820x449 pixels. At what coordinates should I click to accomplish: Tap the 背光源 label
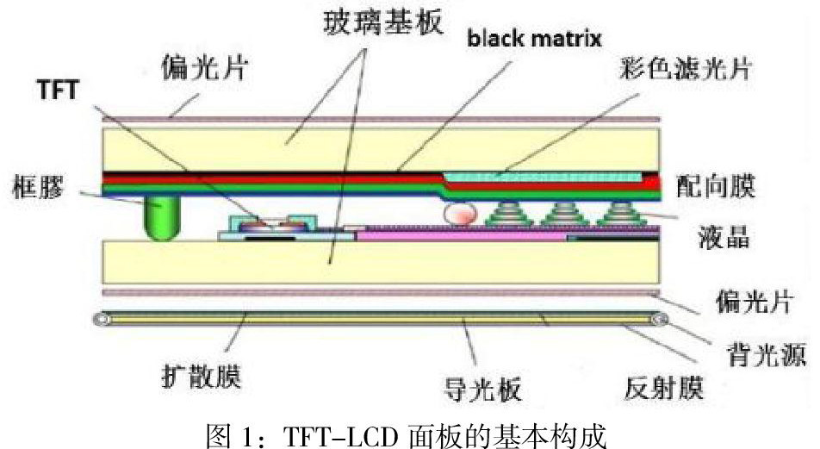[754, 353]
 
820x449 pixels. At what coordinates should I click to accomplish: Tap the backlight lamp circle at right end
[661, 321]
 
